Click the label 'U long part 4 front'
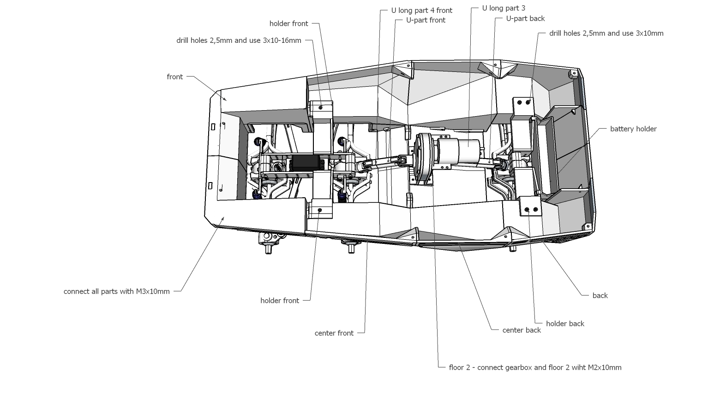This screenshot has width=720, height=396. pyautogui.click(x=421, y=10)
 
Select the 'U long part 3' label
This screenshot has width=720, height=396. pyautogui.click(x=504, y=8)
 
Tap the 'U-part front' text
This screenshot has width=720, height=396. pyautogui.click(x=426, y=20)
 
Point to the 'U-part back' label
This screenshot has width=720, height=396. pyautogui.click(x=525, y=18)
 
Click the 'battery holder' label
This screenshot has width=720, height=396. pyautogui.click(x=633, y=129)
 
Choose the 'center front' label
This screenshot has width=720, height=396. pyautogui.click(x=334, y=333)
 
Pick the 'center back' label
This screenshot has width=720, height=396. pyautogui.click(x=522, y=330)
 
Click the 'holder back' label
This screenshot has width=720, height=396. pyautogui.click(x=565, y=324)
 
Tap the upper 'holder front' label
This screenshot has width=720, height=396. pyautogui.click(x=288, y=24)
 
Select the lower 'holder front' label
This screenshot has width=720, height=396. pyautogui.click(x=280, y=301)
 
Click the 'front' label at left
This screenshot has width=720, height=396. pyautogui.click(x=174, y=77)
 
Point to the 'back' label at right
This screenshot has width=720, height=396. pyautogui.click(x=600, y=296)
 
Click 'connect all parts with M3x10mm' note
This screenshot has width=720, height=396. pyautogui.click(x=116, y=291)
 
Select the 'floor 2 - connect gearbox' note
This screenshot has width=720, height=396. pyautogui.click(x=535, y=367)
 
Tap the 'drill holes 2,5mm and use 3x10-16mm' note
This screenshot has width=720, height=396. pyautogui.click(x=239, y=40)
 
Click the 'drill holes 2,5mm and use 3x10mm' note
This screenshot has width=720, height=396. pyautogui.click(x=606, y=33)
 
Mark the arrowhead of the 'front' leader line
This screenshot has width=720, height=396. pyautogui.click(x=226, y=99)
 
